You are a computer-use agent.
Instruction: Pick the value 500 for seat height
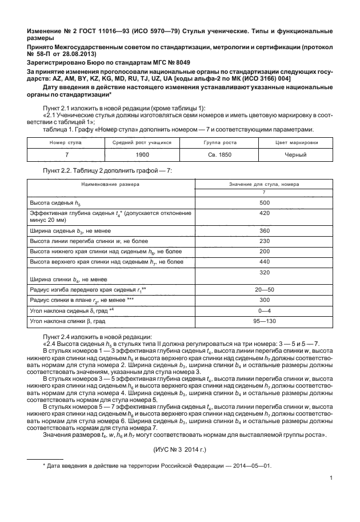tap(264, 203)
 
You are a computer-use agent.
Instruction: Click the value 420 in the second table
tap(264, 213)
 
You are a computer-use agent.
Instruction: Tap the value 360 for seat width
tap(264, 230)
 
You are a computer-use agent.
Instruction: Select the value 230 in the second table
tap(264, 241)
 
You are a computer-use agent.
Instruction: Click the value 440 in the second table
tap(264, 261)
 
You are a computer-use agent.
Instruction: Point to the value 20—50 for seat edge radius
tap(264, 290)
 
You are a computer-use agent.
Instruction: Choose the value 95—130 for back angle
tap(264, 321)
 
